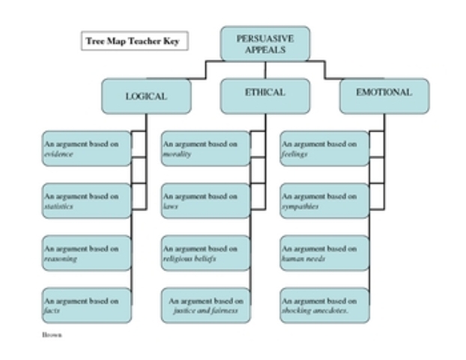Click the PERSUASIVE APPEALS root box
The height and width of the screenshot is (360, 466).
pyautogui.click(x=264, y=44)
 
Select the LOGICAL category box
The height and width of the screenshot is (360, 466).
pyautogui.click(x=146, y=97)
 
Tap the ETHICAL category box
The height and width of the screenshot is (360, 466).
pyautogui.click(x=264, y=94)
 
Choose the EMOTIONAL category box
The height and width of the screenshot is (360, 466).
pyautogui.click(x=384, y=94)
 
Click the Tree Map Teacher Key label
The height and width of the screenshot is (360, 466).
pyautogui.click(x=134, y=40)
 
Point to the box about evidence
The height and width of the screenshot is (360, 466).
pyautogui.click(x=86, y=148)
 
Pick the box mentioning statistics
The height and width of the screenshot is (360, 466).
pyautogui.click(x=86, y=201)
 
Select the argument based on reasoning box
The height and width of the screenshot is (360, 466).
pyautogui.click(x=86, y=253)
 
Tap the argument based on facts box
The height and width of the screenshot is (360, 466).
pyautogui.click(x=86, y=305)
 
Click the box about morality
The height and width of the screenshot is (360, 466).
pyautogui.click(x=205, y=148)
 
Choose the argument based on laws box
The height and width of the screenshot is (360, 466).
pyautogui.click(x=205, y=201)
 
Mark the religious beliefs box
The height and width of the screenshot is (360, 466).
pyautogui.click(x=205, y=253)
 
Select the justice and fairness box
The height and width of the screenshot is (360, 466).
pyautogui.click(x=205, y=305)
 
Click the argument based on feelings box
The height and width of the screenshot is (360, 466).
pyautogui.click(x=324, y=148)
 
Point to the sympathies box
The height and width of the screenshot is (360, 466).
pyautogui.click(x=324, y=201)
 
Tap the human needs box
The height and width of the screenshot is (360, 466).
pyautogui.click(x=324, y=253)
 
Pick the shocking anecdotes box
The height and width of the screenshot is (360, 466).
pyautogui.click(x=324, y=305)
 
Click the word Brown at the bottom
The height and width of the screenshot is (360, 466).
pyautogui.click(x=52, y=334)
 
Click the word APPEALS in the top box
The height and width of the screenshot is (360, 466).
pyautogui.click(x=264, y=50)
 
